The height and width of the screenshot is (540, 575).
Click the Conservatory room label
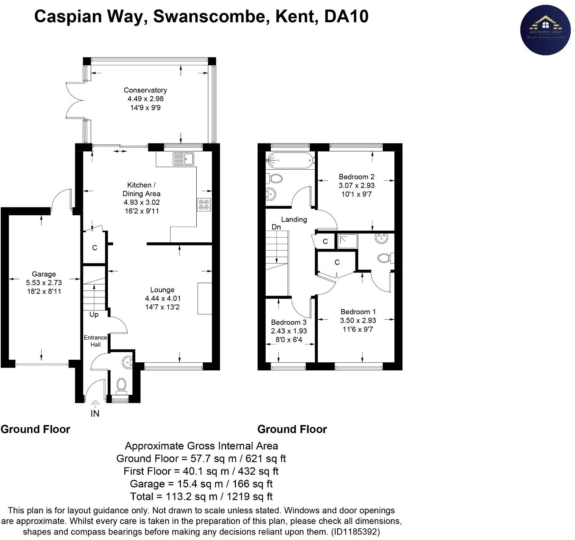click(145, 90)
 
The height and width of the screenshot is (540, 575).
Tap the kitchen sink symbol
click(184, 159)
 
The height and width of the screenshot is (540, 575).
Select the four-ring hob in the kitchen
click(204, 204)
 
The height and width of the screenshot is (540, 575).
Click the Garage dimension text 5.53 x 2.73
click(44, 283)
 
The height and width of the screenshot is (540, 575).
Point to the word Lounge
click(162, 290)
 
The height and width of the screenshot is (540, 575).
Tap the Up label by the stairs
click(94, 315)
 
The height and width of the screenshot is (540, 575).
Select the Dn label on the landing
click(276, 227)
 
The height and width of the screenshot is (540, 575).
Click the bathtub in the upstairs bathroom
click(290, 160)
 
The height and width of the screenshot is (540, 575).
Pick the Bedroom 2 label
click(356, 177)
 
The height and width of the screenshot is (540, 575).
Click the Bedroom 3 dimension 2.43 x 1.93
click(289, 331)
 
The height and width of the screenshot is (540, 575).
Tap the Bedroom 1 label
click(358, 312)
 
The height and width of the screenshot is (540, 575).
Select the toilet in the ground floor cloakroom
click(121, 385)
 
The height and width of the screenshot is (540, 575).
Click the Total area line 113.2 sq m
click(201, 496)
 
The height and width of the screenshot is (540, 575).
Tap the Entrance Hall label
click(95, 341)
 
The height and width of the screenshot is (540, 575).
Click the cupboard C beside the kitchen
click(94, 248)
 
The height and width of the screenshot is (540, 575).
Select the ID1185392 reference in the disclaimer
click(356, 532)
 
